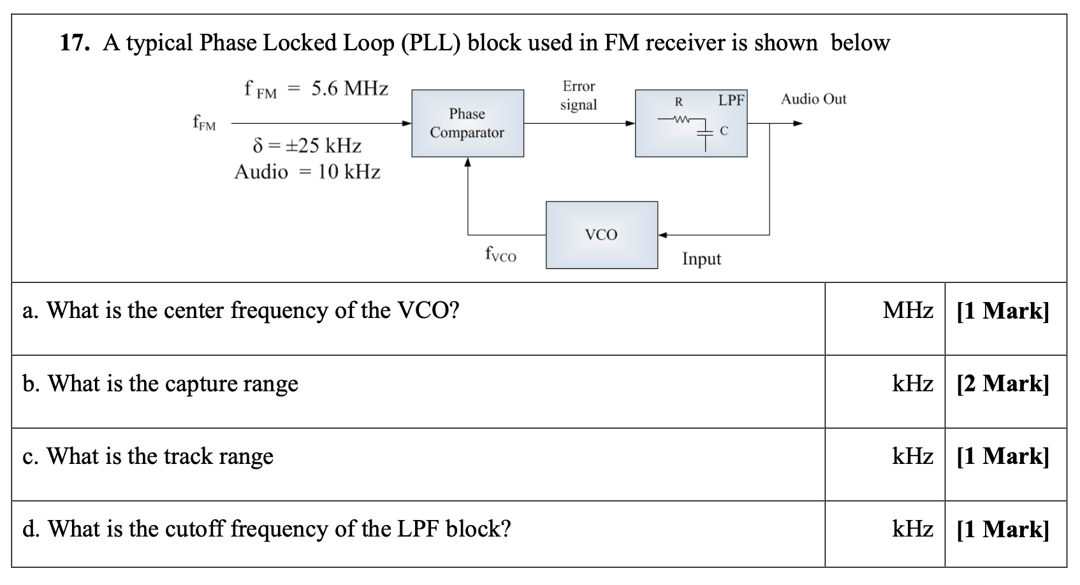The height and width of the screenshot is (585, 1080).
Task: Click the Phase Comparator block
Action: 467,123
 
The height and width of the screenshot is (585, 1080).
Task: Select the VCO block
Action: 601,235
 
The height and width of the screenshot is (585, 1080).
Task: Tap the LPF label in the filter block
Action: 731,100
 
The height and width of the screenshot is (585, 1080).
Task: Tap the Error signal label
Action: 578,95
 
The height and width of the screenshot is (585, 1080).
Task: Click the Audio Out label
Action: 814,99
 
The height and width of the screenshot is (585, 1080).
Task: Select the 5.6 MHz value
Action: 349,89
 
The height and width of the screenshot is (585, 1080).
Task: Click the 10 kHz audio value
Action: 349,172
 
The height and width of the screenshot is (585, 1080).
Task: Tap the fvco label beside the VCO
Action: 500,255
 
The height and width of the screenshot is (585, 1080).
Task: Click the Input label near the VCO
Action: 701,259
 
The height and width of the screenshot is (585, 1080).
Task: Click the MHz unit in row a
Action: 907,310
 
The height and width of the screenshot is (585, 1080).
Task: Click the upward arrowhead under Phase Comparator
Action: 468,162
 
